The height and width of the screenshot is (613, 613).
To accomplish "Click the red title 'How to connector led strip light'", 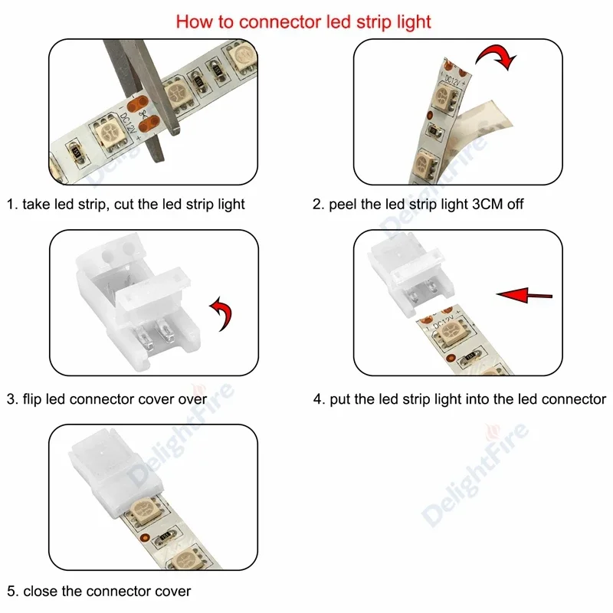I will pyautogui.click(x=303, y=21).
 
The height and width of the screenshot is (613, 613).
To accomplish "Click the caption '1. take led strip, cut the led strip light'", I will pyautogui.click(x=126, y=205).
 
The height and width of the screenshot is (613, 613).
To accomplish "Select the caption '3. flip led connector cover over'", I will pyautogui.click(x=107, y=399).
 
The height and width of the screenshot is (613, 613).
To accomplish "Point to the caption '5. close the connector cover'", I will pyautogui.click(x=99, y=591).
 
